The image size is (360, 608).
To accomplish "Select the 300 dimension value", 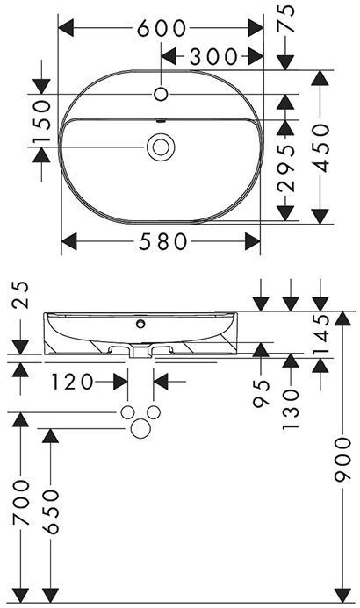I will point(213,57).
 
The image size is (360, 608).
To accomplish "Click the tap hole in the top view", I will point(161,92).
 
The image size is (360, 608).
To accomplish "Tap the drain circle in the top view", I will point(161,147).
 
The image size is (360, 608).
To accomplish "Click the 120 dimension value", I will point(72,382).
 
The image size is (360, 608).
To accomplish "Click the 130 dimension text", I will point(292,403).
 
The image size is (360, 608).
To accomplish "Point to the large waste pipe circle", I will point(140,429).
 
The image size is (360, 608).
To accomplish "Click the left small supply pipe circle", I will point(128,413).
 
